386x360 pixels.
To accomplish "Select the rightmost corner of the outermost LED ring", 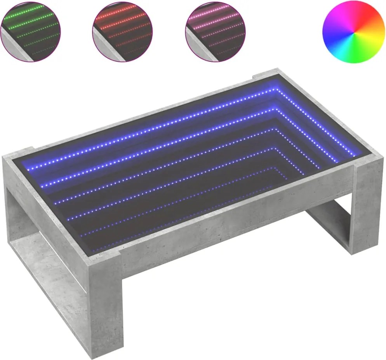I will click(x=354, y=155).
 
